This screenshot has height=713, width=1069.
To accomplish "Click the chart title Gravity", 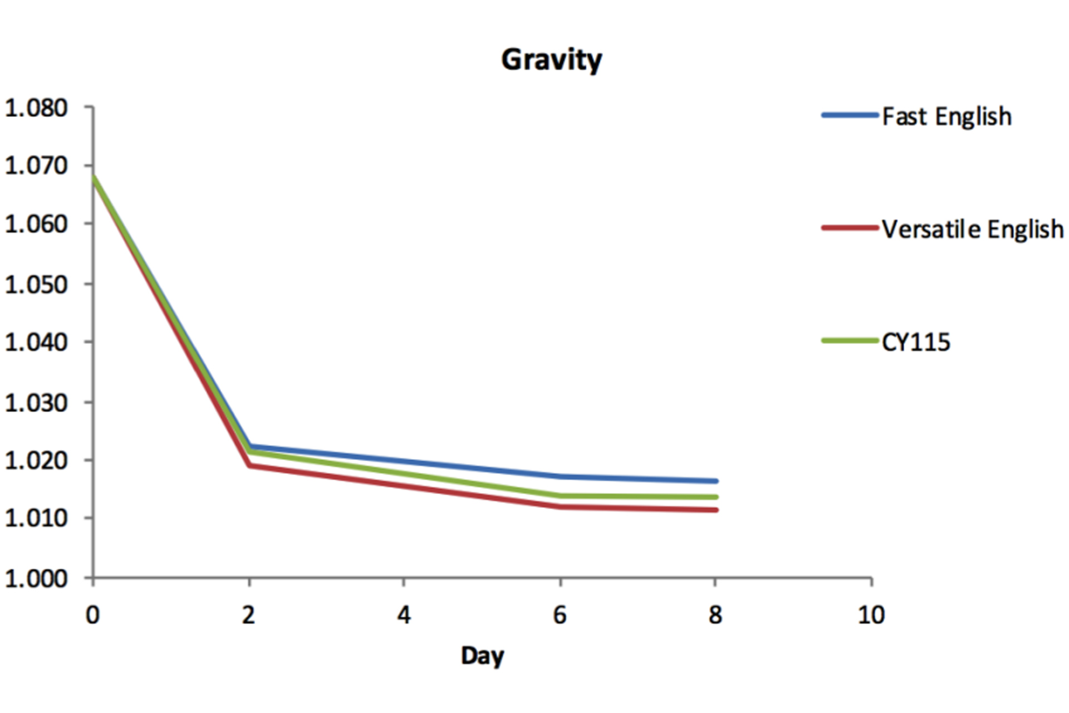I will point(551,60).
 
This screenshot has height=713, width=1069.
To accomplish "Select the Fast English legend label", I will point(947,116).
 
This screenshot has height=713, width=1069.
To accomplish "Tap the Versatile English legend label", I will point(973,229).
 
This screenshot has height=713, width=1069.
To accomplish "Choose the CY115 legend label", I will point(916,341).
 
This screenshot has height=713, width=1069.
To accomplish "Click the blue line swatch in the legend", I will point(850,115).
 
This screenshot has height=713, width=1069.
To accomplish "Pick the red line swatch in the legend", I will point(850,228).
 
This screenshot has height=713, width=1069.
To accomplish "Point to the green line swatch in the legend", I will point(850,340).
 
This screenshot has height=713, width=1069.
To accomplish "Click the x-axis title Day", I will point(482,656).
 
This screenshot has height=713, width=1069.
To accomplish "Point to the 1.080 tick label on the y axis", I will point(36,108).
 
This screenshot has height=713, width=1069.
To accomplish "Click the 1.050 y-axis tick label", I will point(36,284).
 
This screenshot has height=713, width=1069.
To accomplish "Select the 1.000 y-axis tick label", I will point(36,579).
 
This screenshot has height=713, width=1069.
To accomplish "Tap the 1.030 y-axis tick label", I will point(36,402).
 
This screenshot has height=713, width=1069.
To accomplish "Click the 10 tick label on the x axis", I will point(871,615).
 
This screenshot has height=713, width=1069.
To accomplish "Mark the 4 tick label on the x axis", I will point(404,615).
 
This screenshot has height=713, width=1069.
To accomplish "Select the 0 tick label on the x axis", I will point(92,615).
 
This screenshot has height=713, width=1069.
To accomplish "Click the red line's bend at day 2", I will point(249,465).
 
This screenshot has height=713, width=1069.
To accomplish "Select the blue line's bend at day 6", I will point(560,476).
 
